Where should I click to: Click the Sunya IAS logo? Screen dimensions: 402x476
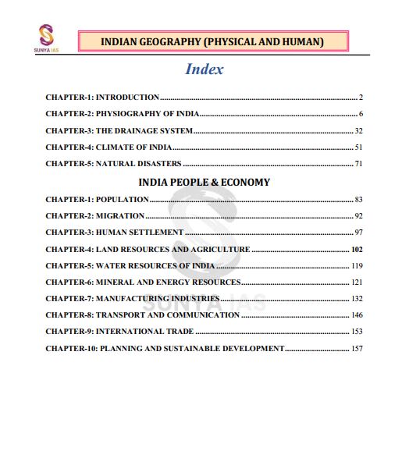tap(48, 36)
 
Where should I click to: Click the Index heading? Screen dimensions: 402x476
tap(205, 69)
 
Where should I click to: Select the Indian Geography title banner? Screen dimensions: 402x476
tap(212, 41)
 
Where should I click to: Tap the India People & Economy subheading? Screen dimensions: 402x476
tap(204, 182)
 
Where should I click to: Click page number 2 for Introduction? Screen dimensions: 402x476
tap(361, 98)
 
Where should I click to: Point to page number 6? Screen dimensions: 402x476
tap(361, 114)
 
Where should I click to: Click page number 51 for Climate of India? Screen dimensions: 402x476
tap(358, 147)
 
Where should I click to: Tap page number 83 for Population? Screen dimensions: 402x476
tap(358, 199)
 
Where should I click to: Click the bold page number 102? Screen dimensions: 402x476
tap(357, 249)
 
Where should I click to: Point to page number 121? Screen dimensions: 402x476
tap(357, 282)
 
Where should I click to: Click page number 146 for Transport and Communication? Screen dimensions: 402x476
tap(357, 314)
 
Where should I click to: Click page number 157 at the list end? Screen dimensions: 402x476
tap(357, 348)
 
